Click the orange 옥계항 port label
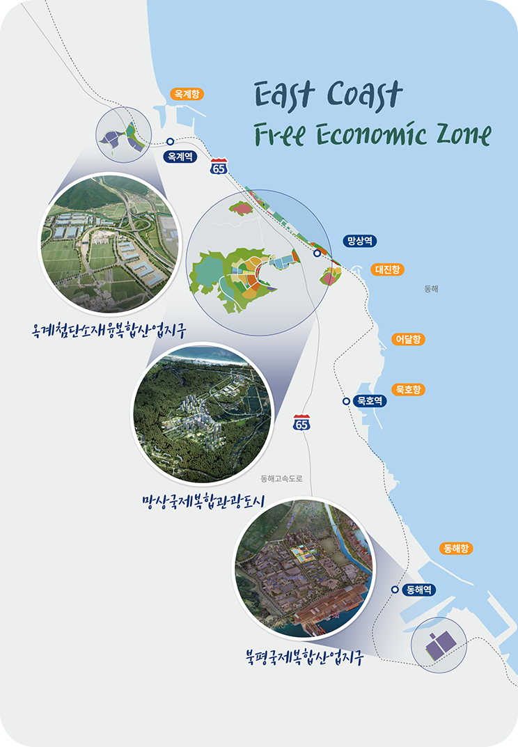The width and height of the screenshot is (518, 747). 187,93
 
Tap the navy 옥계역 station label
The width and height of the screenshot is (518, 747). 180,157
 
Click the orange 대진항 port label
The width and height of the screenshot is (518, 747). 387,269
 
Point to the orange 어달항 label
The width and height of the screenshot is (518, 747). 408,340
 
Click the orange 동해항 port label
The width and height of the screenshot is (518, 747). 457,549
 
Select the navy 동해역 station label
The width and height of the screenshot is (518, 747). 419,589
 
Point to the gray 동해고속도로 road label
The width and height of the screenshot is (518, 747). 283,479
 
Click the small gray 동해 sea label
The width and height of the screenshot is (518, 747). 432,288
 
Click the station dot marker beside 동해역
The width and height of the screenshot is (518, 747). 395,589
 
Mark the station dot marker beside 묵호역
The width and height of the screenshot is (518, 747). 346,401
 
